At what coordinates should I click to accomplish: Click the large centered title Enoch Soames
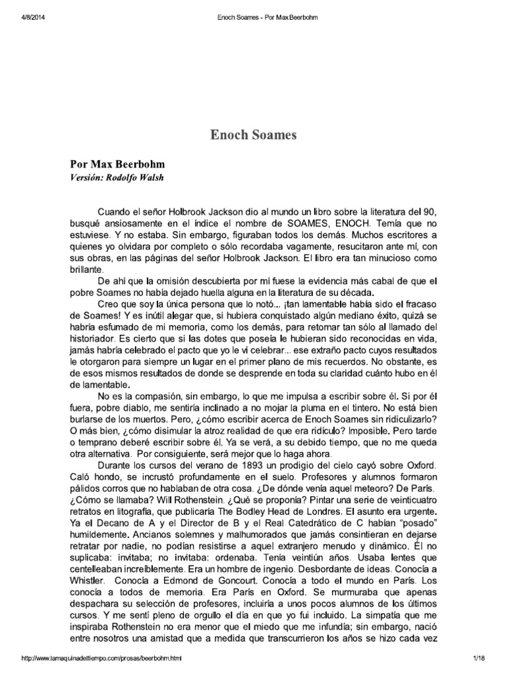pos(253,135)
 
